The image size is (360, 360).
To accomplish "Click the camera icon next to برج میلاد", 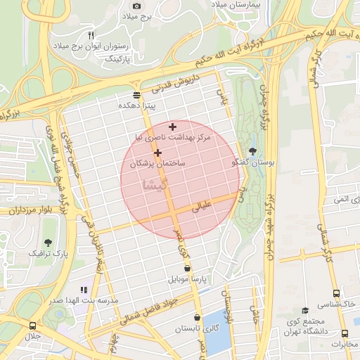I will pyautogui.click(x=137, y=6).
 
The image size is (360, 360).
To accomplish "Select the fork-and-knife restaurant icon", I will pyautogui.click(x=91, y=34).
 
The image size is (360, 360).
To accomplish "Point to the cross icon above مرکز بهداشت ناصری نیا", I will pyautogui.click(x=172, y=127).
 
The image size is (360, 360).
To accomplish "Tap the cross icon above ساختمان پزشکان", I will pyautogui.click(x=157, y=153).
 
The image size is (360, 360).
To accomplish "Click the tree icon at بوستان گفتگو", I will pyautogui.click(x=253, y=152).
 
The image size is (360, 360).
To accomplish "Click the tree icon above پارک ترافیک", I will pyautogui.click(x=49, y=223).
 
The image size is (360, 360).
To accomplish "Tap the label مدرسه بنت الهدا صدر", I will pyautogui.click(x=91, y=300).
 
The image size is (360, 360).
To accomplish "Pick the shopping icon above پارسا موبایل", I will pyautogui.click(x=187, y=268).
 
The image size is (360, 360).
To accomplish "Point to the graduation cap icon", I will pyautogui.click(x=305, y=310).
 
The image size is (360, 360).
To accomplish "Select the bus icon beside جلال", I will pyautogui.click(x=33, y=326).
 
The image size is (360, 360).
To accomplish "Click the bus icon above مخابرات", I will pyautogui.click(x=345, y=334).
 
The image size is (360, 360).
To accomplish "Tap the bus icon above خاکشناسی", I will pyautogui.click(x=337, y=294).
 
